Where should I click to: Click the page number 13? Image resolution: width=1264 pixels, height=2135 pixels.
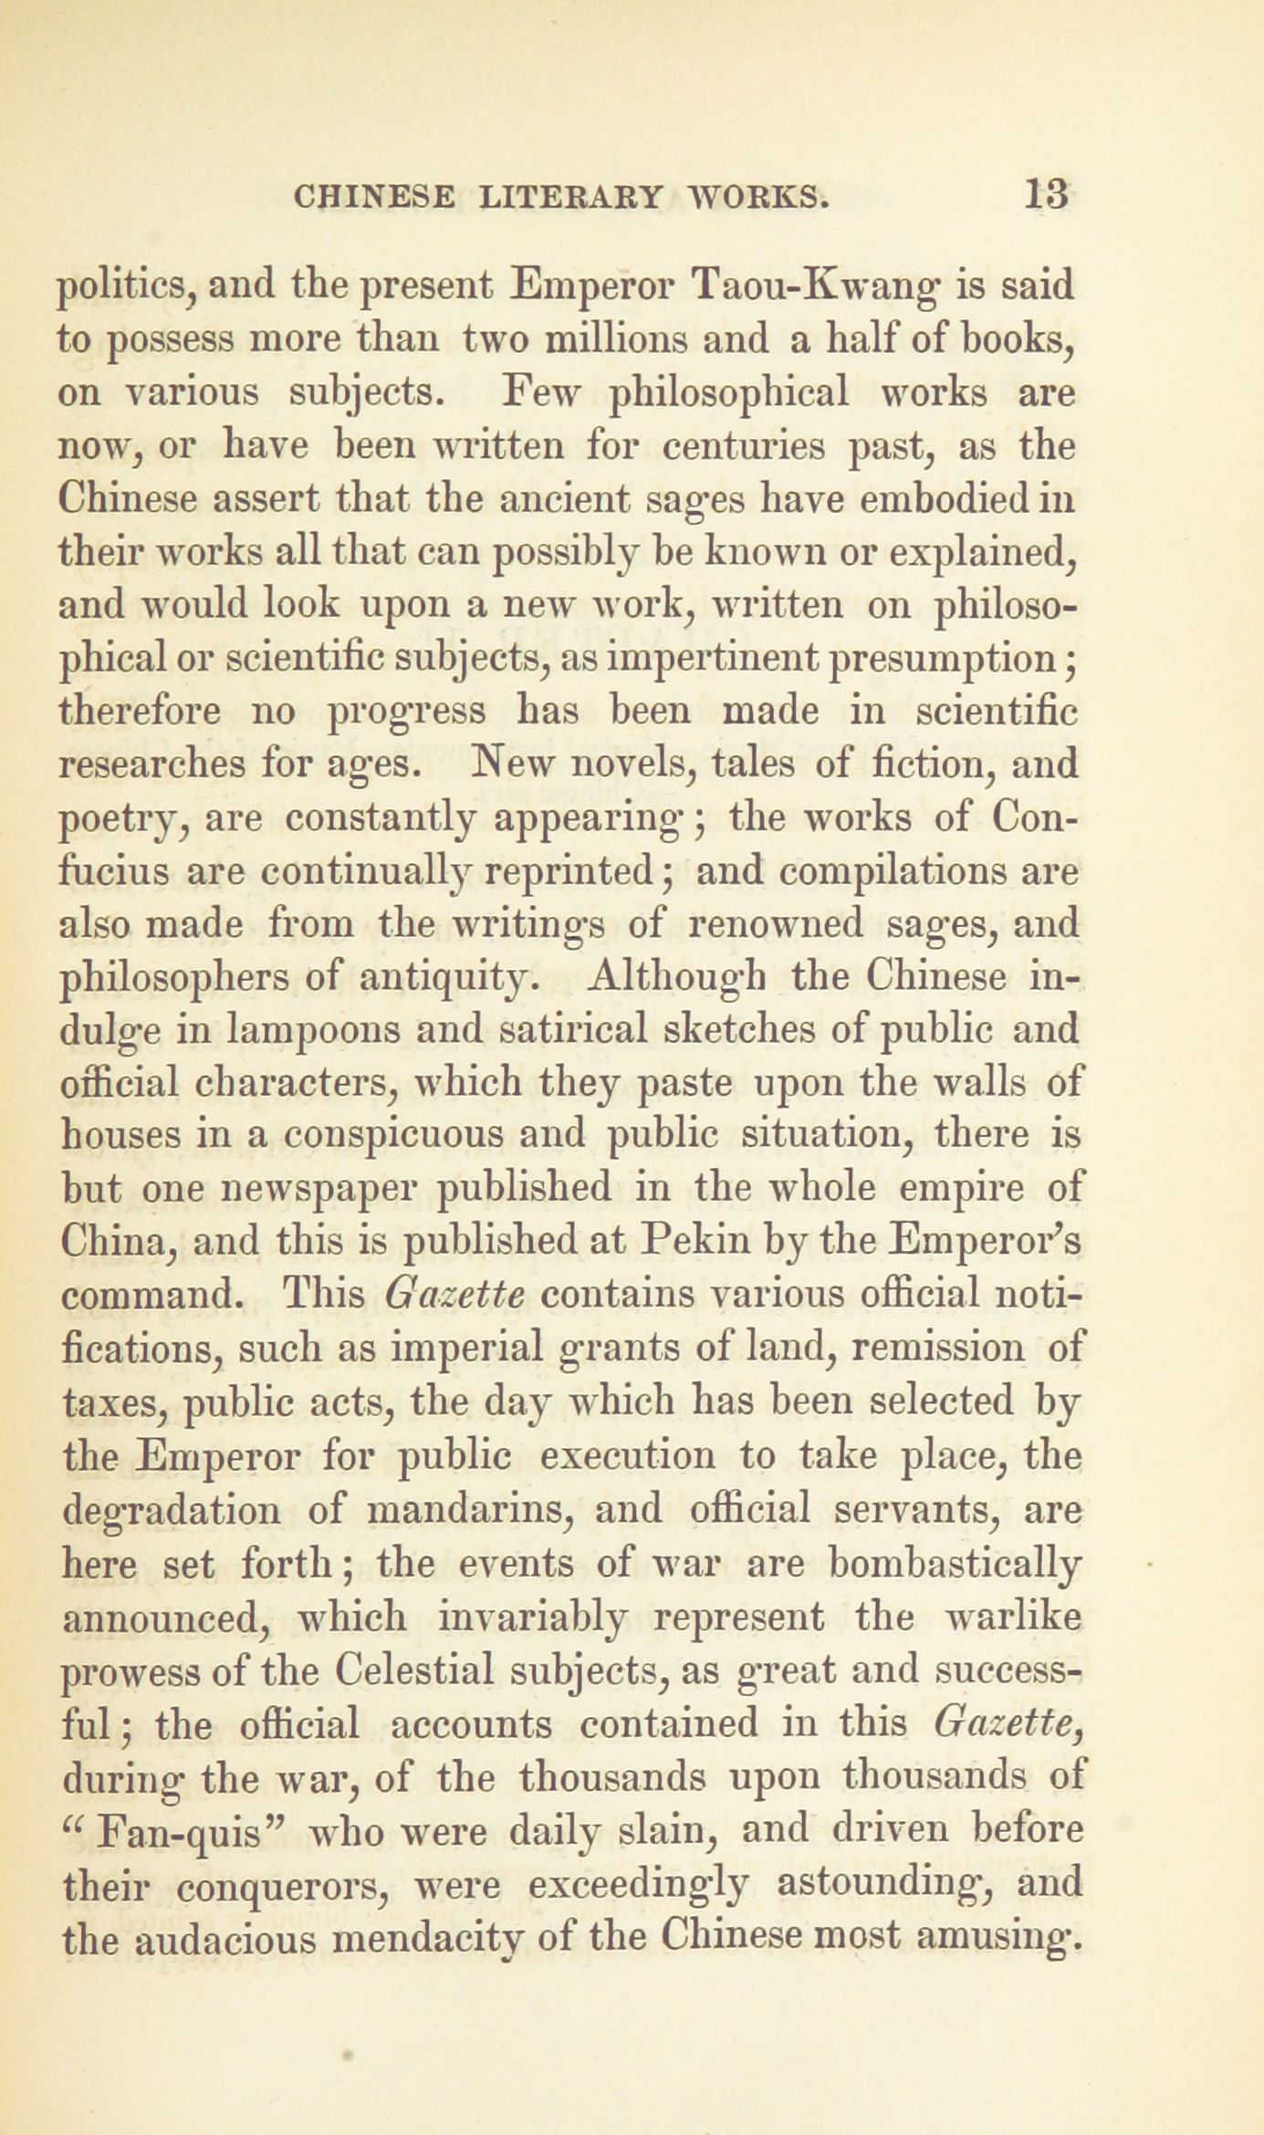click(x=1047, y=195)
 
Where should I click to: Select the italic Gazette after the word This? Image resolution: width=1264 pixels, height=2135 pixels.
click(x=454, y=1295)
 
